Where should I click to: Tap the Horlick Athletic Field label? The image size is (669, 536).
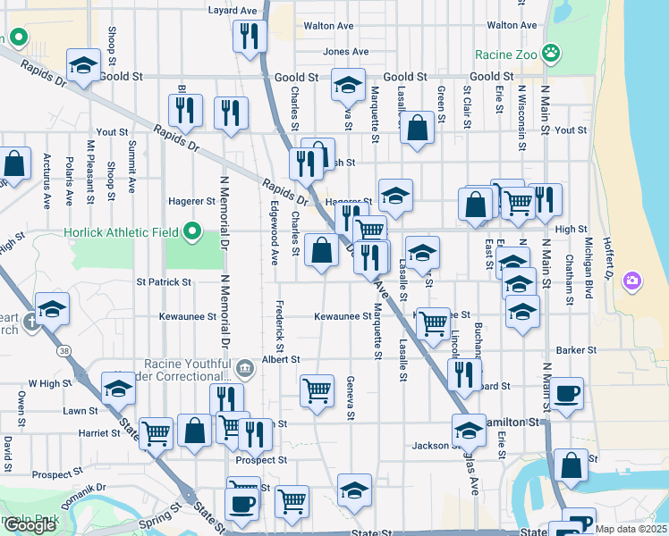click(122, 234)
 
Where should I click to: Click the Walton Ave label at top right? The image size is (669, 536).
click(512, 26)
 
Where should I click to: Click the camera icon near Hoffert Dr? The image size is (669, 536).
click(632, 281)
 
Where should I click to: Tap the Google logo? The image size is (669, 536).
click(30, 525)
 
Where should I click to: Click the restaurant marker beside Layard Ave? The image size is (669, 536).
click(249, 36)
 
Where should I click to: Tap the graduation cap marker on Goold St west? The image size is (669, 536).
click(83, 65)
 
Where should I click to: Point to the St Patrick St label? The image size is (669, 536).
click(163, 282)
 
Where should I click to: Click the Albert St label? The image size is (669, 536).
click(280, 359)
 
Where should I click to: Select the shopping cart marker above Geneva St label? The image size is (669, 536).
click(318, 390)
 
